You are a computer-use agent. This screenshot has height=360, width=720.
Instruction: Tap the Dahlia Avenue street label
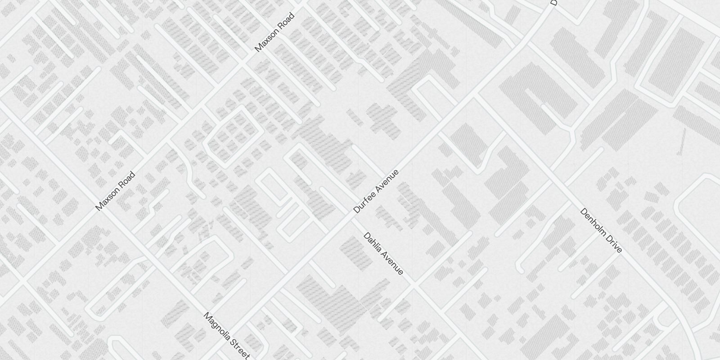[x=383, y=253]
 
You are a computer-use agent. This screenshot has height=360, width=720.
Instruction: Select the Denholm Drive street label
[x=601, y=230]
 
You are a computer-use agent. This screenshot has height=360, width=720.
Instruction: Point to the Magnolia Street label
[x=226, y=336]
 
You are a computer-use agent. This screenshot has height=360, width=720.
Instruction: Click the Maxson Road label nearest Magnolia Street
[x=115, y=191]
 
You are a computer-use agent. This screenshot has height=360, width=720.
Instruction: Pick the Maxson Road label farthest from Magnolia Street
[x=274, y=32]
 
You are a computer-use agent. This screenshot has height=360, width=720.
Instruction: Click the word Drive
[x=614, y=244]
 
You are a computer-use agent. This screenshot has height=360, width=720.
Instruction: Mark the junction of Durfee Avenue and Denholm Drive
[x=477, y=95]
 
